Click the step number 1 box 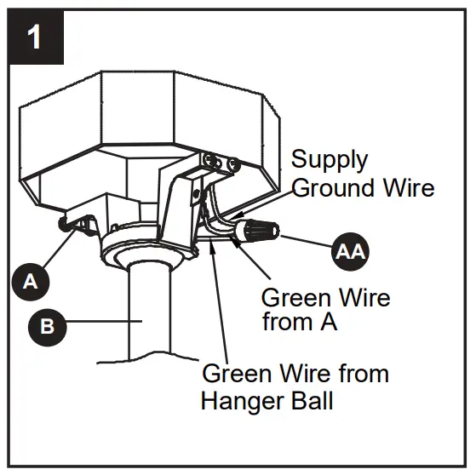pos(35,37)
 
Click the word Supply pos(330,160)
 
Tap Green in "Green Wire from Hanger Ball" pos(238,374)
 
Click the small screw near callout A pos(64,223)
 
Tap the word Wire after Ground pos(404,187)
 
